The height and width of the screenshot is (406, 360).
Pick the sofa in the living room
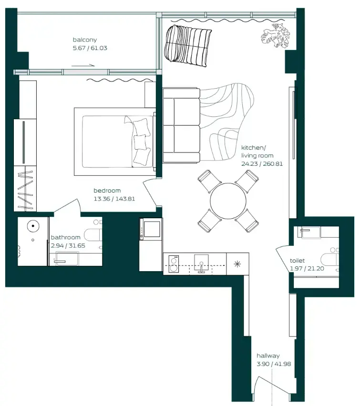point(181,125)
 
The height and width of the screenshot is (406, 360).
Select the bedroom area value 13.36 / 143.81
point(114,199)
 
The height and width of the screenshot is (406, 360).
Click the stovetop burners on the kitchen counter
point(173,264)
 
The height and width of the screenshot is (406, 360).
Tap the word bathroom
point(65,237)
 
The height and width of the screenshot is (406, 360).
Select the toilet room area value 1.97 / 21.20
point(305,269)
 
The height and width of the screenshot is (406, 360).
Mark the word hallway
point(268,356)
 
